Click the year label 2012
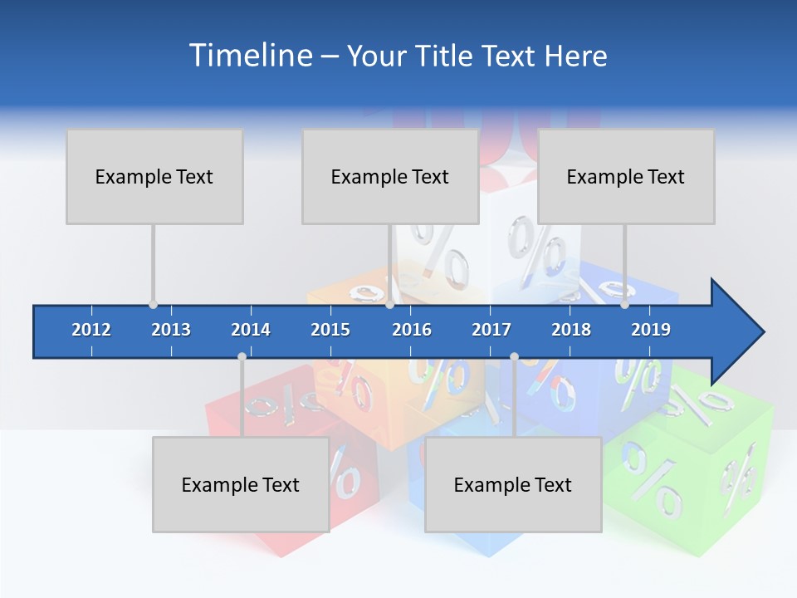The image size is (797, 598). [91, 330]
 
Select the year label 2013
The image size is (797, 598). [171, 330]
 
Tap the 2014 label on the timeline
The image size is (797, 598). [251, 330]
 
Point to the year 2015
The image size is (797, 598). [330, 330]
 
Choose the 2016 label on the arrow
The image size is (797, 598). [412, 330]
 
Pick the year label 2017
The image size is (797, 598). [491, 330]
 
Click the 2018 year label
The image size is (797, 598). [571, 330]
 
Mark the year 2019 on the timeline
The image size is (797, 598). [651, 330]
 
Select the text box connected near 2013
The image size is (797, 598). [154, 176]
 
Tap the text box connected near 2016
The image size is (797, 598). [390, 176]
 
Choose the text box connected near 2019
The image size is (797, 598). [626, 176]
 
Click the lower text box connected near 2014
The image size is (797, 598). [241, 484]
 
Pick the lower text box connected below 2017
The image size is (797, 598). [513, 484]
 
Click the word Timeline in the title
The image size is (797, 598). [249, 56]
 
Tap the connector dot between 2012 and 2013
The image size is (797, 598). [153, 305]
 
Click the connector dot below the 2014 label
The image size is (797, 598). [242, 356]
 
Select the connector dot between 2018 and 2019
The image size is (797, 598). [624, 305]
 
